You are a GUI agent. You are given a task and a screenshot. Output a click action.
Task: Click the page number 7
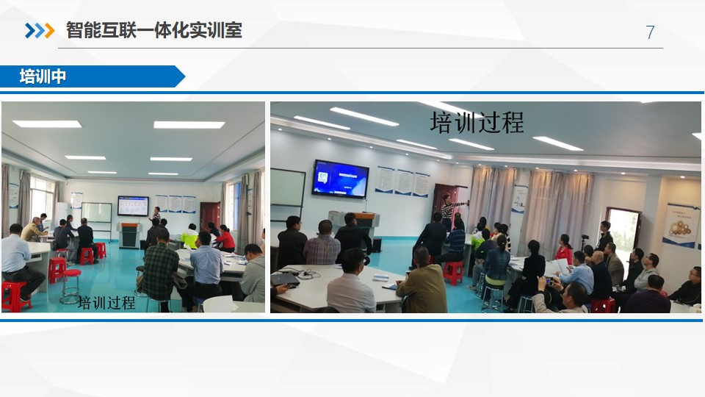coord(650,32)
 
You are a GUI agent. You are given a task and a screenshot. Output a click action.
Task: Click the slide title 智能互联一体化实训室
coord(154,30)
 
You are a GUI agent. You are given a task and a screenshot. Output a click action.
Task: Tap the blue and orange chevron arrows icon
coord(40,31)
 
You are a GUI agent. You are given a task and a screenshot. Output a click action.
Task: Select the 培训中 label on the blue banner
coord(43,76)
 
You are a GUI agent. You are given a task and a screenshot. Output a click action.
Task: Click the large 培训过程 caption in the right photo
coord(477,123)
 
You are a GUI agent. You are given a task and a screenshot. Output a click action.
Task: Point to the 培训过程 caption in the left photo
coord(106,302)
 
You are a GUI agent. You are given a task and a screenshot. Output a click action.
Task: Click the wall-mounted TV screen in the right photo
coord(340,179)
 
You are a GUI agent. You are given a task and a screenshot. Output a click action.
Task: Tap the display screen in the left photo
coord(133,206)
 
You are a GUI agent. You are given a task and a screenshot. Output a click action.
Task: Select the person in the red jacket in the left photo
coord(225,239)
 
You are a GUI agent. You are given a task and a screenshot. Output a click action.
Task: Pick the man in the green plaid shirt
coord(160,270)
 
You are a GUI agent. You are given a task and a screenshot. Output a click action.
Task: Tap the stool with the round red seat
coord(70,285)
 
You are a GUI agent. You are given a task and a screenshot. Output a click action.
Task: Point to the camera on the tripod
coord(585,241)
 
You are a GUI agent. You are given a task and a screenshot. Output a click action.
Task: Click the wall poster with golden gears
coord(680,225)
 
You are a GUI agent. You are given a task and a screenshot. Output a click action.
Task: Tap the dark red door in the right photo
coord(444,204)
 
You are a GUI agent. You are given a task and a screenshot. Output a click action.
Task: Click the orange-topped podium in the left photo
coord(129,235)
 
